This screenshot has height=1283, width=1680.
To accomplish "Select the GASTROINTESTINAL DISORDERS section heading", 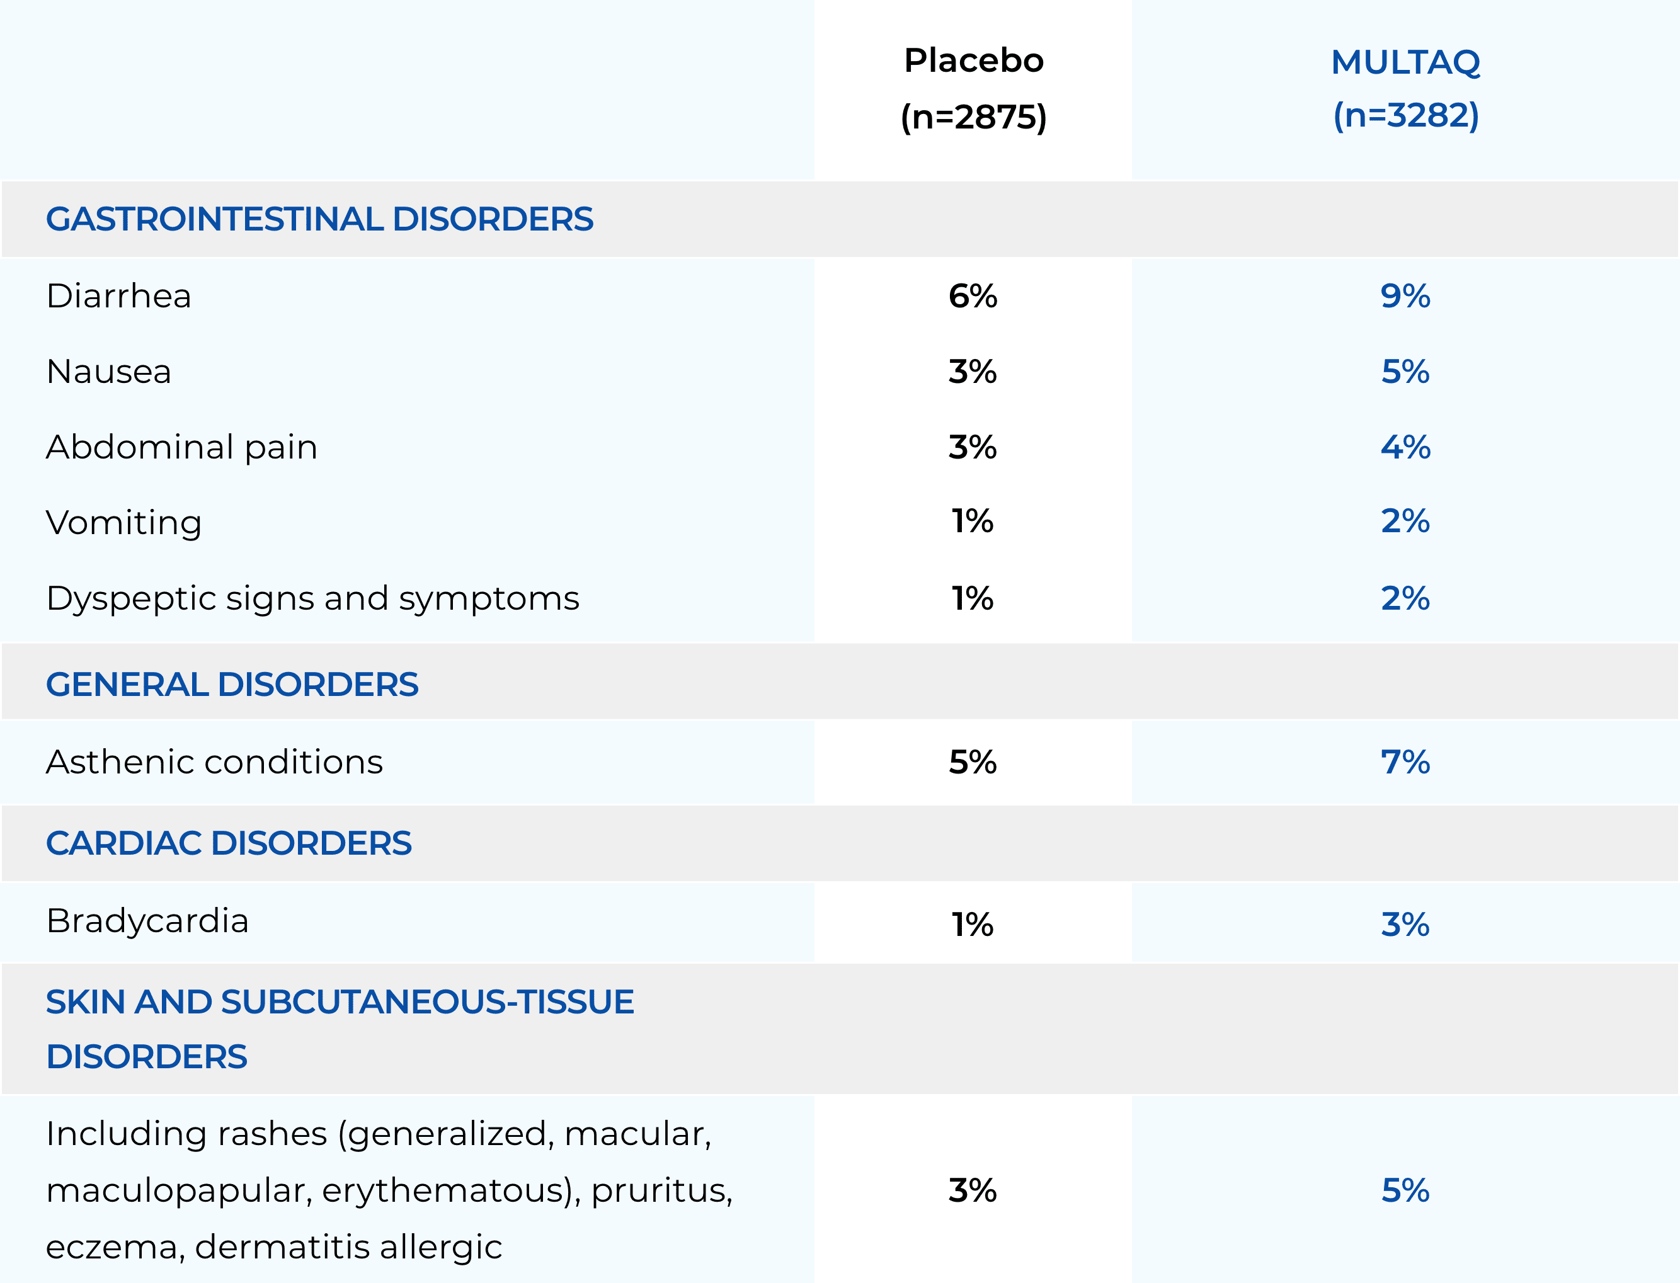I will coord(319,219).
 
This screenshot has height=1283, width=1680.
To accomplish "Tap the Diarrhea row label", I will coord(118,295).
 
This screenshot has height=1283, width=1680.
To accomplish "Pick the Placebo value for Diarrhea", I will coord(972,295).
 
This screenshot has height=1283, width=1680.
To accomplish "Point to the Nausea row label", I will coord(108,371).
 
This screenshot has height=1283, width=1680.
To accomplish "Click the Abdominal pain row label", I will coord(181,447).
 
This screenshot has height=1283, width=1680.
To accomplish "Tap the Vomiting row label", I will coord(123,522).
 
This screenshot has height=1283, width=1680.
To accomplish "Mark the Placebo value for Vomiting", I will coord(972,522).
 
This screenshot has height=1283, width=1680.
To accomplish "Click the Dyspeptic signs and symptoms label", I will coord(312,598).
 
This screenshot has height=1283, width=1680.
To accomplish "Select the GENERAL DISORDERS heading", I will coord(232,684).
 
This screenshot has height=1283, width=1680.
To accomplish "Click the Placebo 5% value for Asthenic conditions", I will coord(972,761).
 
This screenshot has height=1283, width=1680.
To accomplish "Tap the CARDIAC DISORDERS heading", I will coord(228,843).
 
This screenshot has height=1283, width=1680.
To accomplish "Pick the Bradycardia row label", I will coord(147,921).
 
